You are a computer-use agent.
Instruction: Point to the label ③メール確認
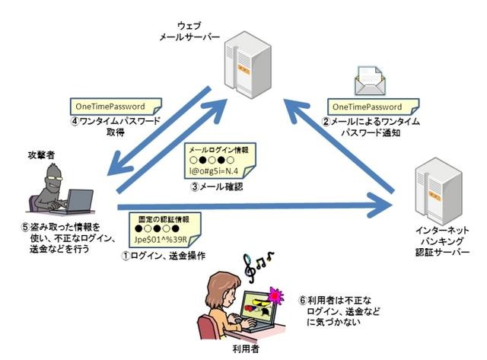click(x=220, y=187)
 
